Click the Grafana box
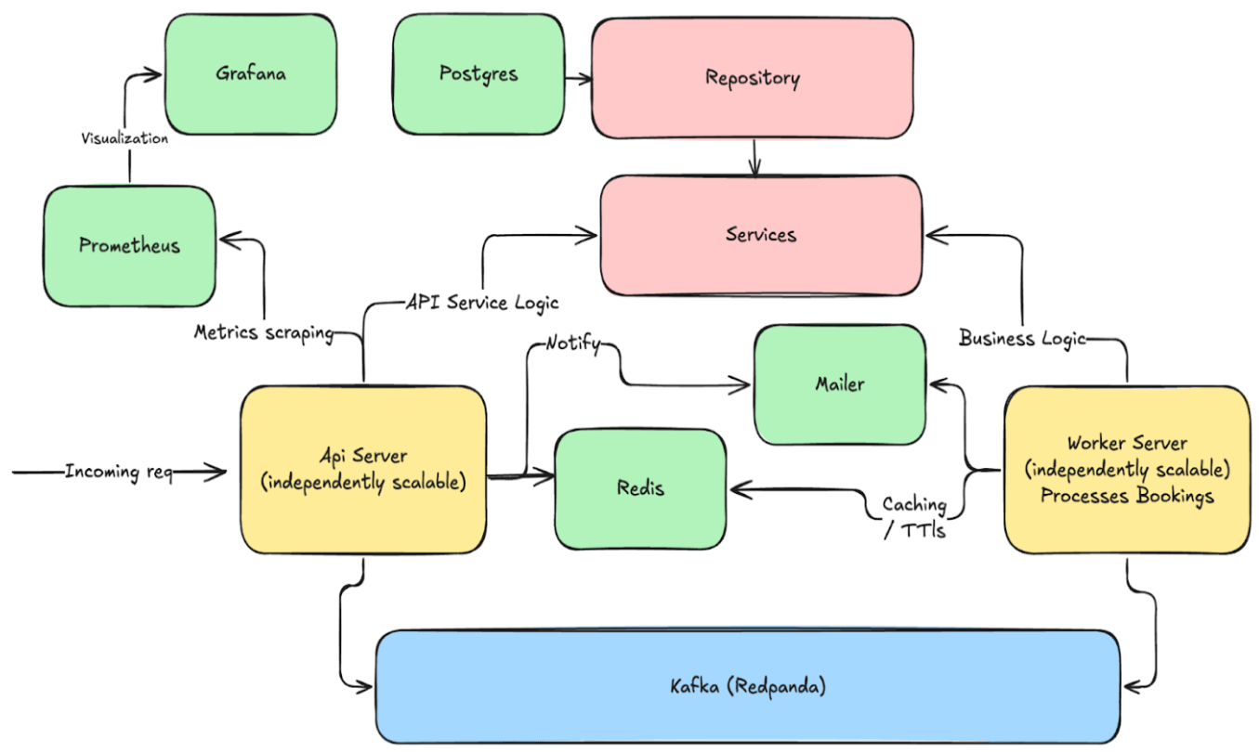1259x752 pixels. point(251,75)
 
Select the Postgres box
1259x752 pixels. point(479,74)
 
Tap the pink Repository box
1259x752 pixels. point(753,78)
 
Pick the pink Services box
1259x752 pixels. point(761,235)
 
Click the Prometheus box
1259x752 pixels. point(129,247)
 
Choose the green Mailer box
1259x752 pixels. point(840,384)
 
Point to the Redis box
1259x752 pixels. point(640,488)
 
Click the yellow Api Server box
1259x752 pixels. point(363,470)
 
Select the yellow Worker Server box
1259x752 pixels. point(1127,470)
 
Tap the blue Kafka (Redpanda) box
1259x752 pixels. point(748,688)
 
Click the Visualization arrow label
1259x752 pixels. point(125,139)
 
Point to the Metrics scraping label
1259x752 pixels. point(264,332)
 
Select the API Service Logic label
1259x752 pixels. point(482,303)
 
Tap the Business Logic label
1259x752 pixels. point(1022,339)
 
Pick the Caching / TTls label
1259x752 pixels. point(914,518)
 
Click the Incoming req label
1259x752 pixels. point(119,473)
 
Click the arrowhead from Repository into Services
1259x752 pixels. point(754,170)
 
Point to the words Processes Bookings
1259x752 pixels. point(1127,496)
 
